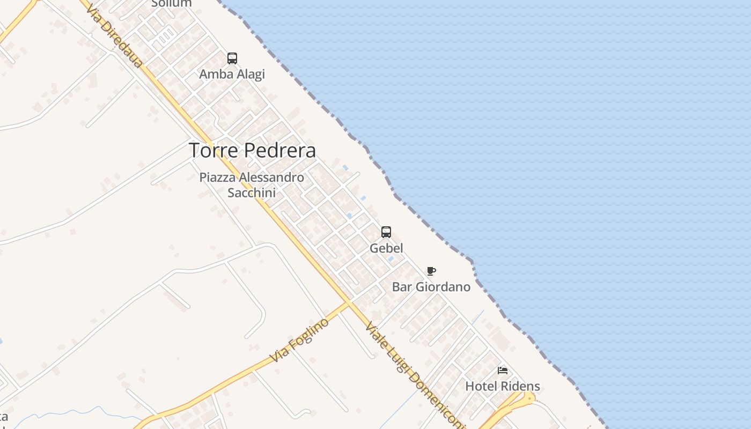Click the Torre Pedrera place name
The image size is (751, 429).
coord(252,151)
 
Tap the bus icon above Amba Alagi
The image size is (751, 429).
coord(232,58)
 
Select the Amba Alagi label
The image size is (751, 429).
coord(232,74)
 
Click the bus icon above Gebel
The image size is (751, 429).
coord(386,232)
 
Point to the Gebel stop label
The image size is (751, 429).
coord(386,248)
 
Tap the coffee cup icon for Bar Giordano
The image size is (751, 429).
coord(431,271)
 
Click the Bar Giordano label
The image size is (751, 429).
coord(431,287)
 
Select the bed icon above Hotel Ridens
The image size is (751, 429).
coord(503,371)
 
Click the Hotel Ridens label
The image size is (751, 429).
coord(503,386)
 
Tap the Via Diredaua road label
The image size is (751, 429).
coord(114,36)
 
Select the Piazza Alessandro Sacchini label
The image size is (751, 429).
coord(252,184)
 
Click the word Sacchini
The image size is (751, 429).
coord(252,193)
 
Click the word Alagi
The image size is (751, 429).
coord(250,74)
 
